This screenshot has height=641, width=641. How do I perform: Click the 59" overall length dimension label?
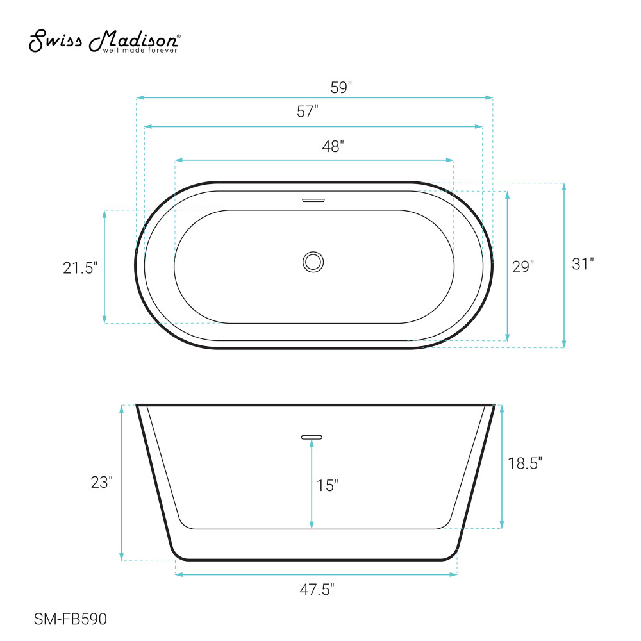pos(341,87)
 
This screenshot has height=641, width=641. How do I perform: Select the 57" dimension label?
pos(308,111)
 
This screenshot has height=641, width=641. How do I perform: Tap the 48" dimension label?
pos(333,146)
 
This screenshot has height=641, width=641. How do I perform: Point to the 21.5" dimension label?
pos(80,268)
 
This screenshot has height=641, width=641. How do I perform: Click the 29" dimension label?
pos(523,267)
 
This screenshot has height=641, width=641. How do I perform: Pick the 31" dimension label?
pos(583,263)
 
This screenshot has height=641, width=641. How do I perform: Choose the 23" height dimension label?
pos(101,483)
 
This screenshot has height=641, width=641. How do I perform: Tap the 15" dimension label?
pos(327,485)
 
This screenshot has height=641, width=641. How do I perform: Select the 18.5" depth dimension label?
pos(525,463)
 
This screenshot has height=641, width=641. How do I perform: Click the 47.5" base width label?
pos(317,590)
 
